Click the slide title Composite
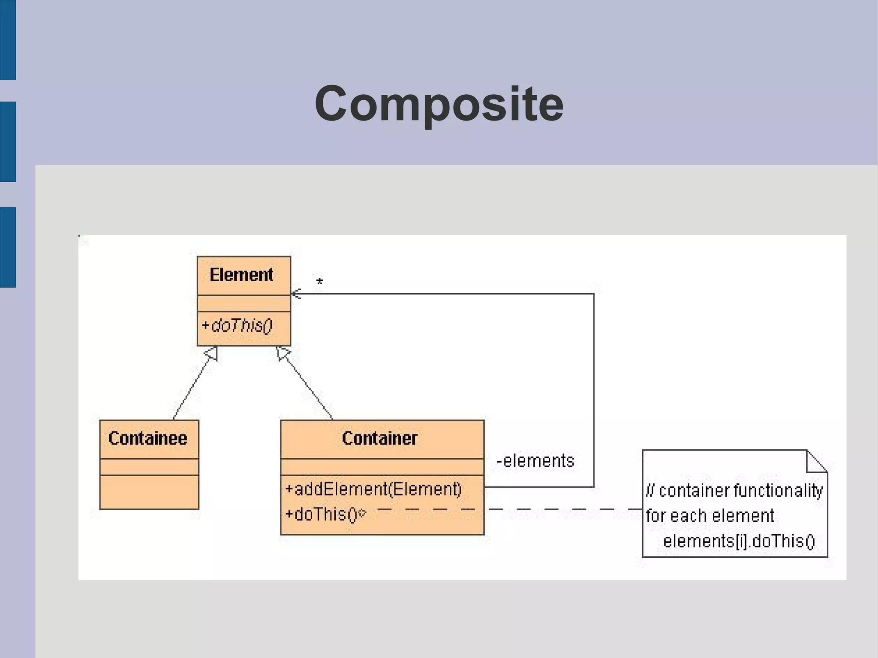coord(439,104)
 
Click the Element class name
coord(241,275)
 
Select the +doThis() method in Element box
coord(237,326)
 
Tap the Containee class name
coord(147,439)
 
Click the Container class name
coord(379,439)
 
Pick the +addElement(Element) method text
coord(373,489)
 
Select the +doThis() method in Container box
coord(321,514)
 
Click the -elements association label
coord(535,461)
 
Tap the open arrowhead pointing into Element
coord(296,294)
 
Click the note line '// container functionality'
coord(734,490)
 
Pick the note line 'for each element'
coord(710,516)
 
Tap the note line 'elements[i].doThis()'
coord(738,541)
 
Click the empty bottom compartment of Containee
coord(149,492)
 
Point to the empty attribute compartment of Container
coord(382,467)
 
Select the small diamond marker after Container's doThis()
coord(362,513)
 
